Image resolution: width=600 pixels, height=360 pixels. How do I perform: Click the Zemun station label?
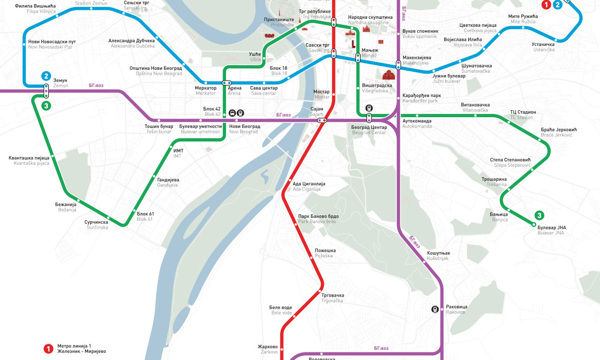(60, 83)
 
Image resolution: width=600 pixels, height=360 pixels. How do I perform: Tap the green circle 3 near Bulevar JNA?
(540, 216)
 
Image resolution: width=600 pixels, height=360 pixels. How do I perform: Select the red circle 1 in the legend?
(48, 348)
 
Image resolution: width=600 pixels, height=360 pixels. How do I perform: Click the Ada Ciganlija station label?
(308, 187)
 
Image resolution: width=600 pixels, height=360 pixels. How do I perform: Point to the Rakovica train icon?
(435, 309)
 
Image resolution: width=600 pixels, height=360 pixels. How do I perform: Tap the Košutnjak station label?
(438, 256)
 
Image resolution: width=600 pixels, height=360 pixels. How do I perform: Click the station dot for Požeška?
(311, 257)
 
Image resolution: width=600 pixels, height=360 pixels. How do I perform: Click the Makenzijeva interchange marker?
(398, 64)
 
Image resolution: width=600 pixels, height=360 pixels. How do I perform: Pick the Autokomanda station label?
(417, 124)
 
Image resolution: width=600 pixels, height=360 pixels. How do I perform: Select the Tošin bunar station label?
(159, 129)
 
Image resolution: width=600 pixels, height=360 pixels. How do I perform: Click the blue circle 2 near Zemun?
(46, 76)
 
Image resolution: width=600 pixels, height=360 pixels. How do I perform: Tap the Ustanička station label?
(543, 47)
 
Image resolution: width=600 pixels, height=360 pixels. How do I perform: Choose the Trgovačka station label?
(333, 298)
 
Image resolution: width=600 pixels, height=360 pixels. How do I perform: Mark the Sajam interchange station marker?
(322, 120)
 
